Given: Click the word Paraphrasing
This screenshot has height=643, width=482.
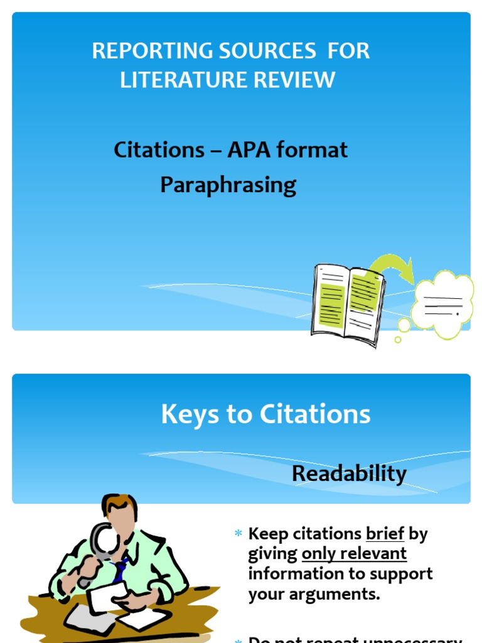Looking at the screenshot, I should point(228,185).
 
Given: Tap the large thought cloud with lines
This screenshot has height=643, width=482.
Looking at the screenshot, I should point(443,304).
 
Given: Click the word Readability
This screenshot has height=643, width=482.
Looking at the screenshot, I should point(349,474).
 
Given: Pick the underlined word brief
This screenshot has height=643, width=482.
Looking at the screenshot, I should point(385,534).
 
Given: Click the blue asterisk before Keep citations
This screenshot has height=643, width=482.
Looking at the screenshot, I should point(238,534).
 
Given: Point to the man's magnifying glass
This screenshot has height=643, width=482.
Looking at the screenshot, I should point(103,539).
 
